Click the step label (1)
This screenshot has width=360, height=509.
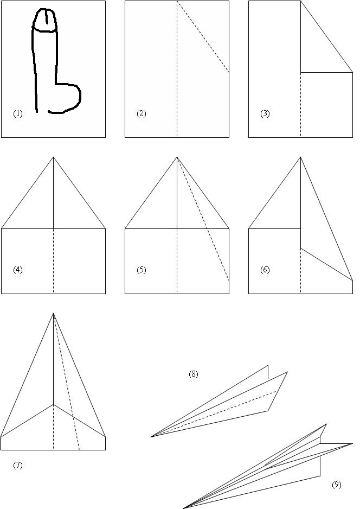(x=18, y=113)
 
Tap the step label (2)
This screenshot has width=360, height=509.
(x=142, y=113)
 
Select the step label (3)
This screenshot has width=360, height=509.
(x=265, y=113)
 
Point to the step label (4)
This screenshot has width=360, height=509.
(x=18, y=270)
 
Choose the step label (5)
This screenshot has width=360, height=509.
(x=142, y=270)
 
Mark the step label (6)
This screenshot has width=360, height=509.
(x=265, y=270)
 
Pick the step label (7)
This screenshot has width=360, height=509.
(x=18, y=465)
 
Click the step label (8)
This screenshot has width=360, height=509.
(x=194, y=374)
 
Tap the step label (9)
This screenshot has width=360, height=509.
(x=337, y=485)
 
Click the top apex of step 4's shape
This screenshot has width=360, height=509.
(x=54, y=157)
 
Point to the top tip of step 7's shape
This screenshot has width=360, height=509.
(x=54, y=313)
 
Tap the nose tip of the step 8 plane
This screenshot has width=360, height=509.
(x=151, y=437)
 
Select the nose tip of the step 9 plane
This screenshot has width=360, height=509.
(x=184, y=508)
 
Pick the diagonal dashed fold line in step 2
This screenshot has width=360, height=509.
(x=203, y=36)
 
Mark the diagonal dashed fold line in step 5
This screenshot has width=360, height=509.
(x=203, y=219)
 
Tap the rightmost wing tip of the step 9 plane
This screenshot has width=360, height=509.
(x=352, y=443)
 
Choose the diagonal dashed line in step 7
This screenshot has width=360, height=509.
(x=67, y=381)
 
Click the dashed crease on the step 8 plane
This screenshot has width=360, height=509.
(x=214, y=414)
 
